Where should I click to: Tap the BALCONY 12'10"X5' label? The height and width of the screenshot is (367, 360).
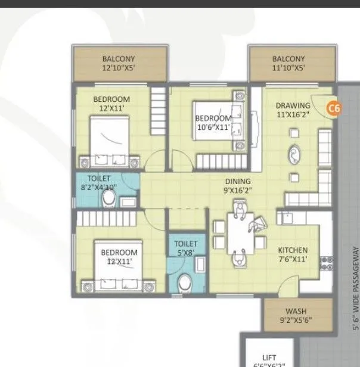tap(119, 63)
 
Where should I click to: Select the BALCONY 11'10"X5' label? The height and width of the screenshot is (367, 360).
tap(288, 63)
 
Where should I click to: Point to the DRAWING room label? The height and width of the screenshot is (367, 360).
tap(293, 111)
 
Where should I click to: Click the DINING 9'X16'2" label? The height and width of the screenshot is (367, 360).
tap(237, 186)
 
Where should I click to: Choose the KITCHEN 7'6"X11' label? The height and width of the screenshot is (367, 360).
tap(292, 255)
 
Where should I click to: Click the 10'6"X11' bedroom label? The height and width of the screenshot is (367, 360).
tap(213, 123)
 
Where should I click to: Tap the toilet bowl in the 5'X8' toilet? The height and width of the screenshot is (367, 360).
tap(185, 280)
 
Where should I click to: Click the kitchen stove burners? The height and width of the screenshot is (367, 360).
tap(326, 262)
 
